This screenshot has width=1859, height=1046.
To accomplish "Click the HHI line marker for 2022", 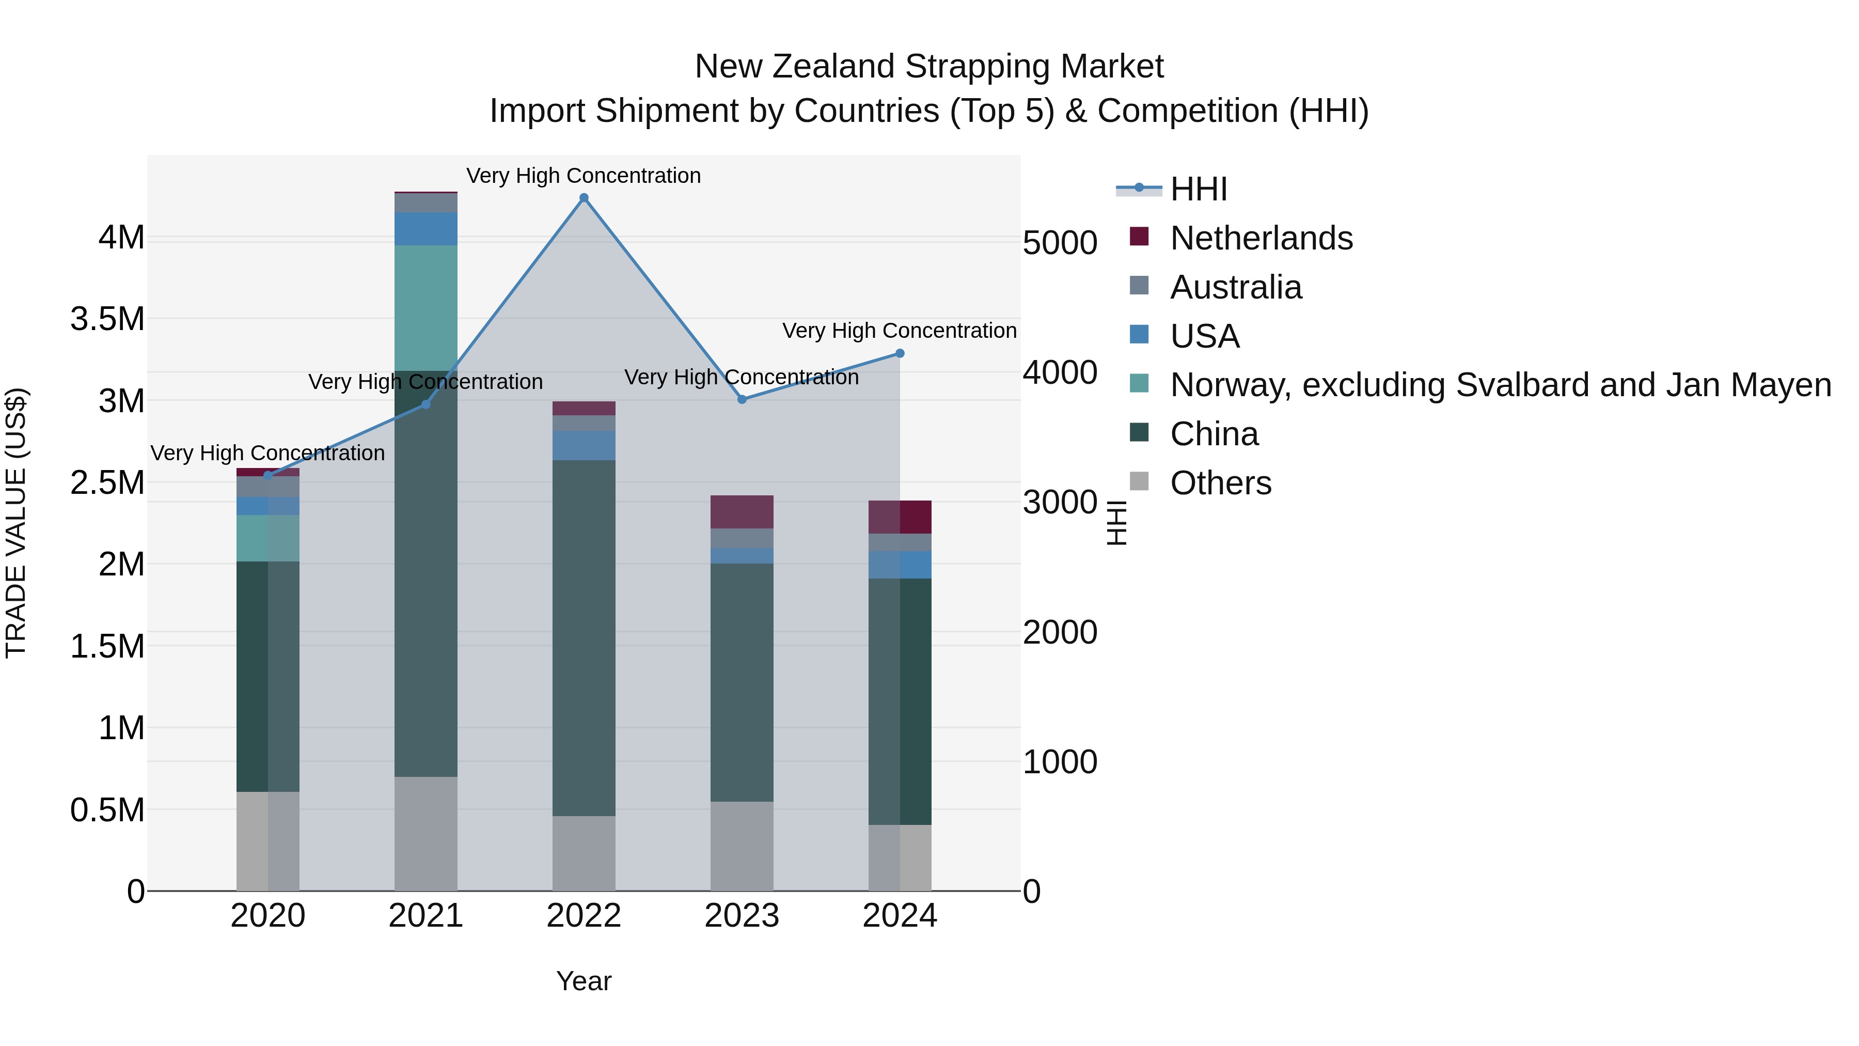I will (x=584, y=198).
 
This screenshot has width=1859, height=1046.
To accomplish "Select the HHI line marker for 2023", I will (x=742, y=399).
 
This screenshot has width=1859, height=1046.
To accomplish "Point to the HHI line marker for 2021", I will (x=426, y=404).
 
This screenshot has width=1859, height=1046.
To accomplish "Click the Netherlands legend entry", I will (x=1261, y=238).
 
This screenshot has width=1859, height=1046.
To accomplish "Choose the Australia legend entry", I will (x=1236, y=287).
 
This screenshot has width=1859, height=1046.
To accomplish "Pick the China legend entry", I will (x=1214, y=434).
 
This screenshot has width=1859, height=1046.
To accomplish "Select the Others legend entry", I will (x=1220, y=483).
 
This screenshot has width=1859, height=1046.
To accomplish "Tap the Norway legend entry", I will (x=1500, y=385).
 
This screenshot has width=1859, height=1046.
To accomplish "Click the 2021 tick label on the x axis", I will (x=426, y=916).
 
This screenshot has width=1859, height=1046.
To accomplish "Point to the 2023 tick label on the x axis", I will (x=742, y=916).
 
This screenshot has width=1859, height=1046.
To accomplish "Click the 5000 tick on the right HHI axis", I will (x=1060, y=243).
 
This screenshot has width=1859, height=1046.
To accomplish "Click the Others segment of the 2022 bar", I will (x=584, y=853).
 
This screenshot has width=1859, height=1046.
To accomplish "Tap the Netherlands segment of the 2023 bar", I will (x=742, y=512).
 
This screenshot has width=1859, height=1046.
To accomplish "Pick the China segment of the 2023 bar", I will (x=742, y=682).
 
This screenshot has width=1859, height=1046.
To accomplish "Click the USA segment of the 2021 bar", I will (x=426, y=229).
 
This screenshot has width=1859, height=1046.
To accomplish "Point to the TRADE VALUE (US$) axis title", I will (x=16, y=523).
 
